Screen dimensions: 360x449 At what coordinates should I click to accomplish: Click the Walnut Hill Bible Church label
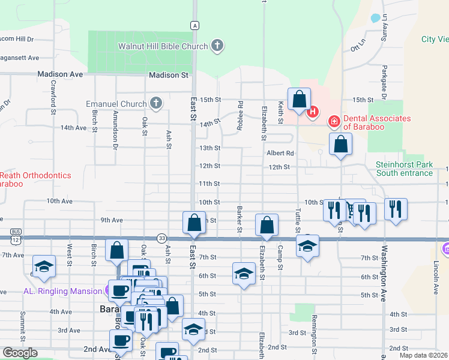coord(163,46)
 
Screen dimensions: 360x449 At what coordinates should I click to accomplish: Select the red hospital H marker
coord(312,112)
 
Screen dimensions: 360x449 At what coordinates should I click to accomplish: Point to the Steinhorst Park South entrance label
coord(404,169)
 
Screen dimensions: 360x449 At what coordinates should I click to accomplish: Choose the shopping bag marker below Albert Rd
coord(340,145)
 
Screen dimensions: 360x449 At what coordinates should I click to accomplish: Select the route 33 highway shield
coord(161,238)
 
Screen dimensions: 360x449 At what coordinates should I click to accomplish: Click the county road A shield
coord(194,25)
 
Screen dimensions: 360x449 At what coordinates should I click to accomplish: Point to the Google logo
coord(20,353)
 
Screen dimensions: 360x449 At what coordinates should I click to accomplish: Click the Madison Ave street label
coord(59,74)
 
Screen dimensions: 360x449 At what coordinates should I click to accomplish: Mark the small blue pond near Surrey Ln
coord(376,18)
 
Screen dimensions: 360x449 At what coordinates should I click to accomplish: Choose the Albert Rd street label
coord(280,153)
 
